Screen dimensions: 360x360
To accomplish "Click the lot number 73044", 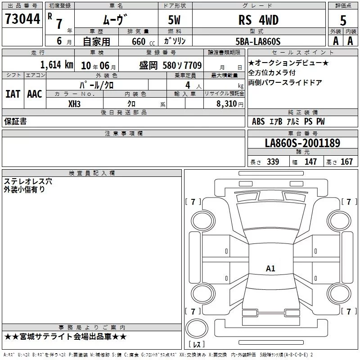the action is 22,19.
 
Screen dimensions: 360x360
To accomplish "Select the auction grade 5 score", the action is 343,21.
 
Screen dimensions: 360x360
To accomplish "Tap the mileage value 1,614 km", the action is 57,65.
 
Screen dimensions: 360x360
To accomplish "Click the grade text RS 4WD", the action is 258,20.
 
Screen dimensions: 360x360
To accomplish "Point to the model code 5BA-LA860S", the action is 258,41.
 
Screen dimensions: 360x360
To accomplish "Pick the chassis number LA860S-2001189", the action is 302,143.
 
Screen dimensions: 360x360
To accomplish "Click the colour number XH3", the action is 74,104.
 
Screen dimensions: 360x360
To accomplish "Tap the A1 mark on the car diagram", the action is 270,268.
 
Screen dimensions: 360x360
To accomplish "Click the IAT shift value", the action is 13,94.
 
